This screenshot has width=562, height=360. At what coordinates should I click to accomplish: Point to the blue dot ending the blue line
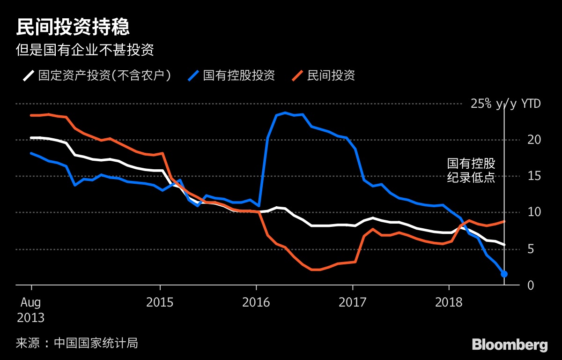[504, 274]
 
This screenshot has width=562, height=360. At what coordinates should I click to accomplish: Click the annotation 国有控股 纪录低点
[471, 171]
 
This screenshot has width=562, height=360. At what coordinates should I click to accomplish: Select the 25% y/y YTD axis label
[505, 104]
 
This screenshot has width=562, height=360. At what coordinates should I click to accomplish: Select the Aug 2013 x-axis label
[31, 310]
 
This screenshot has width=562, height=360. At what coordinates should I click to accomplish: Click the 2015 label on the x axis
[160, 302]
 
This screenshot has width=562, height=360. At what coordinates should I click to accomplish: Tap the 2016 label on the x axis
[256, 302]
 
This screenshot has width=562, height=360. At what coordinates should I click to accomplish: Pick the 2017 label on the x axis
[352, 302]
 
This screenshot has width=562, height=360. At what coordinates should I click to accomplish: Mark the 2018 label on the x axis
[449, 302]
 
